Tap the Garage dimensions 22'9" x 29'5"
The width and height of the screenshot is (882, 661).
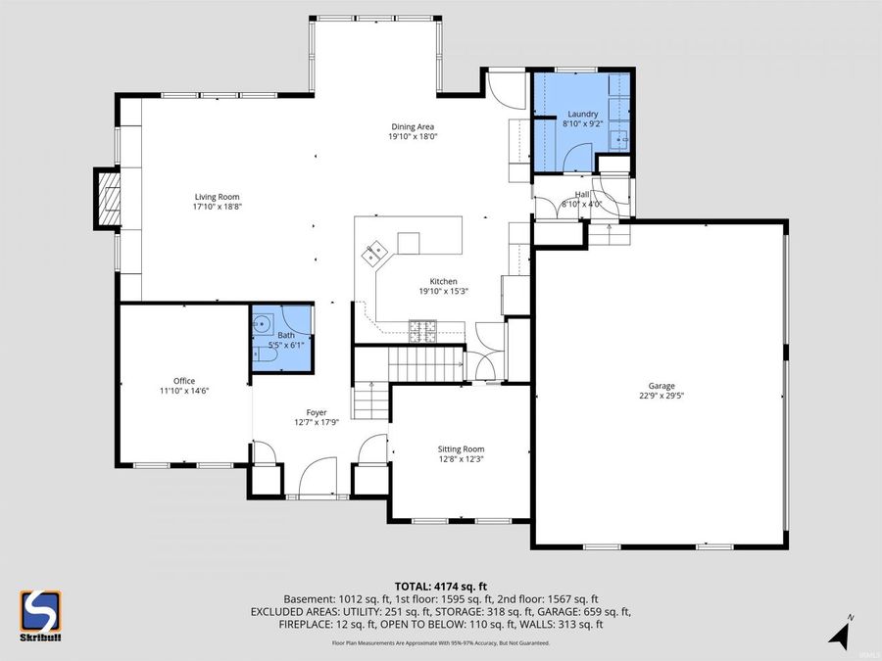click(x=661, y=397)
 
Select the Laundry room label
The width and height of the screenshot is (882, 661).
click(x=582, y=114)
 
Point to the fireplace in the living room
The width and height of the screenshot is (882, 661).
click(x=108, y=199)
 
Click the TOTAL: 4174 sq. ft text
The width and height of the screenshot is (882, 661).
click(x=440, y=585)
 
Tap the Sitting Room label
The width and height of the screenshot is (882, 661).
click(x=461, y=449)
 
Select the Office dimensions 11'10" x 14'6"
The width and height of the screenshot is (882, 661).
click(x=184, y=391)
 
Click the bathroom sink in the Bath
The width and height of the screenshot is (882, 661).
click(x=263, y=323)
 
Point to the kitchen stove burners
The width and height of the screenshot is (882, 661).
click(x=423, y=330)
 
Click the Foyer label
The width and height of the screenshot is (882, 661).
click(x=316, y=412)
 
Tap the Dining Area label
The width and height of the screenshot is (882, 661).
click(x=412, y=126)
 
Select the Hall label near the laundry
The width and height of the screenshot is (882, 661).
click(x=581, y=194)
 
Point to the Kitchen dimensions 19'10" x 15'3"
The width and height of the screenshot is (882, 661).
click(x=443, y=292)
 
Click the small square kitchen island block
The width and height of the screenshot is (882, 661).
click(x=409, y=242)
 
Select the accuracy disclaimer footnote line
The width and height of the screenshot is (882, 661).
click(x=440, y=643)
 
